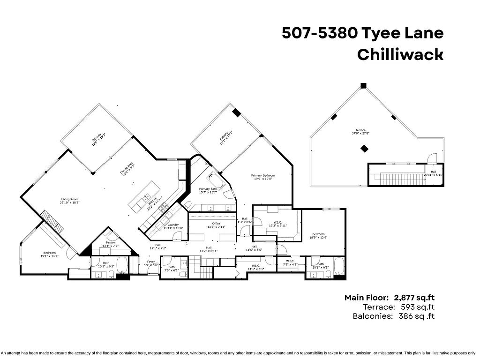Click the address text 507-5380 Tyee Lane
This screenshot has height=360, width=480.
(x=362, y=33)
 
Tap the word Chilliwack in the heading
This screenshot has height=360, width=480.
(x=400, y=55)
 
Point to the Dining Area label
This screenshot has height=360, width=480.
(x=127, y=167)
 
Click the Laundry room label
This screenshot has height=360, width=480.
(x=173, y=225)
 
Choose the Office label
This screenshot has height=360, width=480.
(x=216, y=224)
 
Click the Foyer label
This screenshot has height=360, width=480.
(x=151, y=262)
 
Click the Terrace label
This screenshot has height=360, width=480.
(x=360, y=130)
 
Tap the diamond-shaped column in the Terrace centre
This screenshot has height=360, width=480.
(x=364, y=149)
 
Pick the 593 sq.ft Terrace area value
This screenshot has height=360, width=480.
(x=418, y=307)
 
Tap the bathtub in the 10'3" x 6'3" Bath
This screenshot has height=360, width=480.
(x=122, y=266)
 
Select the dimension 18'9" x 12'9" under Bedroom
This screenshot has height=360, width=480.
(x=318, y=238)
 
